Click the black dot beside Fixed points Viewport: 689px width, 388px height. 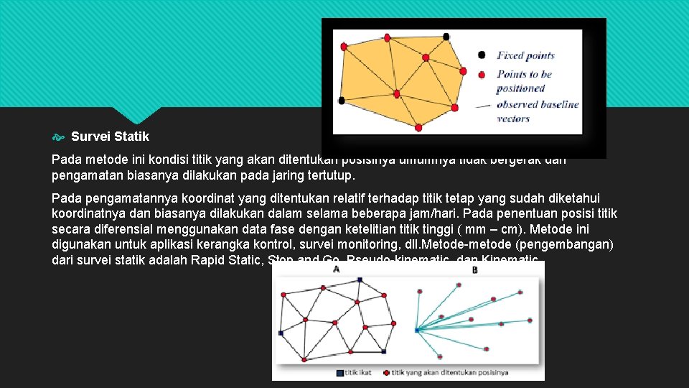pos(482,55)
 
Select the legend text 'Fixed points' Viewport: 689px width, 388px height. pos(525,55)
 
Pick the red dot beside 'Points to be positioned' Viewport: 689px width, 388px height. pos(482,74)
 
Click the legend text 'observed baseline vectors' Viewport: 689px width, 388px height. pos(537,111)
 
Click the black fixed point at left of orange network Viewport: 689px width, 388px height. pos(342,100)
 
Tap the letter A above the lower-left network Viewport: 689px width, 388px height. pos(337,269)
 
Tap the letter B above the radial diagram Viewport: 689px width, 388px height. pos(475,270)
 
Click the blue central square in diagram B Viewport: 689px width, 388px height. pos(417,330)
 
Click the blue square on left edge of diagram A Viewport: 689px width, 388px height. pos(281,333)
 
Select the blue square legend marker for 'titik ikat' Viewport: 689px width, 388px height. pos(339,373)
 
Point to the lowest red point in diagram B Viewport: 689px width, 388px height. pos(439,355)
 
